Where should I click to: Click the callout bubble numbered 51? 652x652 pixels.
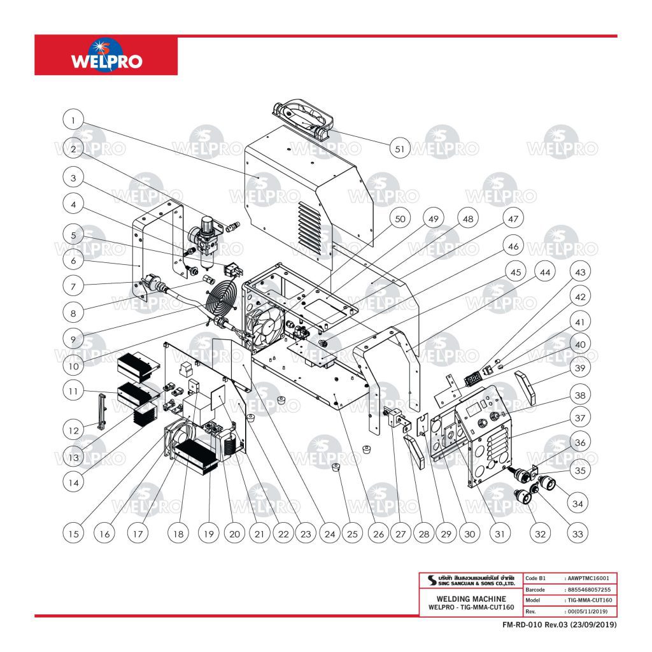400,149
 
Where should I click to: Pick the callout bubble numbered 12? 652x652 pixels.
74,430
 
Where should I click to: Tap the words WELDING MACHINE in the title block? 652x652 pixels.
471,599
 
